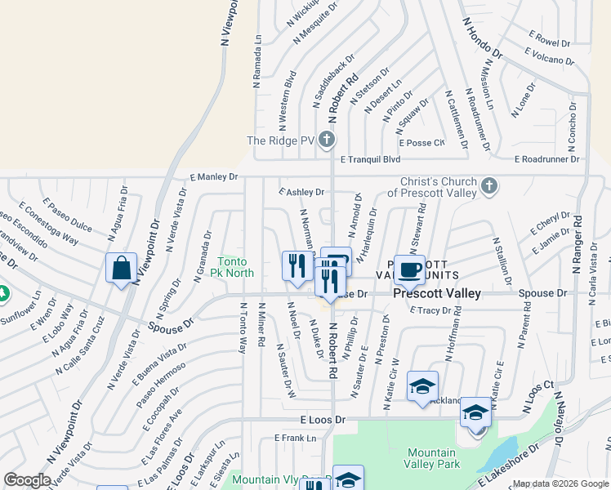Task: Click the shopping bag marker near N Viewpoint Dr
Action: [x=121, y=269]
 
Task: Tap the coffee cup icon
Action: [x=409, y=269]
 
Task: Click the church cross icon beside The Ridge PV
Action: [x=327, y=140]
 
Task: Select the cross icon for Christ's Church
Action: [x=488, y=186]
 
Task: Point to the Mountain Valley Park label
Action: [x=431, y=458]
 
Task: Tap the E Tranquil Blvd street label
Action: [x=370, y=160]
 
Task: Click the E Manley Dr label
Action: [x=213, y=176]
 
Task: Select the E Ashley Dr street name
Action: [x=301, y=192]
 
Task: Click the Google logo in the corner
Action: [x=27, y=480]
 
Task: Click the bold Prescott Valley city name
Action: [x=436, y=293]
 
